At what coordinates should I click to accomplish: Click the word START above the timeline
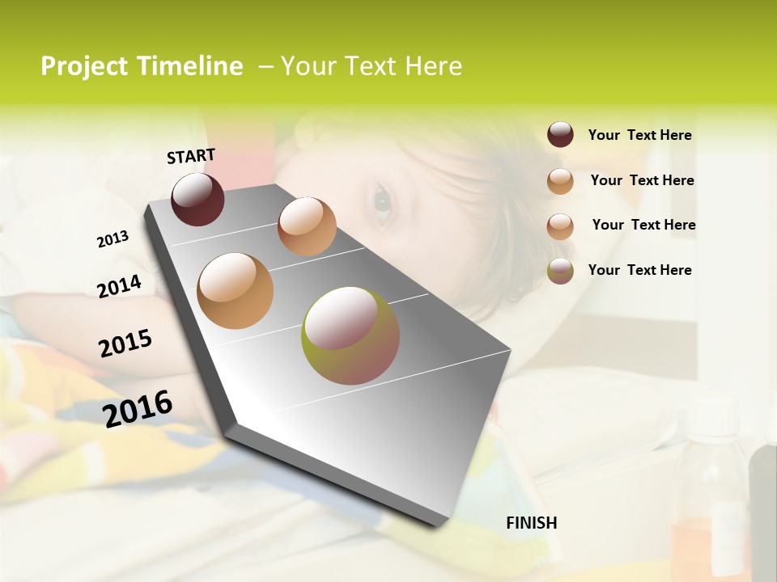point(191,156)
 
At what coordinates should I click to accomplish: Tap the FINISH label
point(531,523)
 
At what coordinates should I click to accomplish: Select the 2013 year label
point(113,239)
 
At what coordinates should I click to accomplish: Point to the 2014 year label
point(119,286)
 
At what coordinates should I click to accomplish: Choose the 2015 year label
point(125,344)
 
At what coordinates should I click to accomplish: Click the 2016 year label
point(138,408)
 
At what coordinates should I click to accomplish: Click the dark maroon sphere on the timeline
point(197,199)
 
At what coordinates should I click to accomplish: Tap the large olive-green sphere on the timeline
point(350,335)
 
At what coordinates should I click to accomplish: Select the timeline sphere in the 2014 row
point(235,290)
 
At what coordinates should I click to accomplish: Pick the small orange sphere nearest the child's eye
point(307,226)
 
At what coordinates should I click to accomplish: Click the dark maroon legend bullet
point(560,135)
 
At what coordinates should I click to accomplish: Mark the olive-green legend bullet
point(560,271)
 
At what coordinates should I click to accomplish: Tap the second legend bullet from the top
point(560,181)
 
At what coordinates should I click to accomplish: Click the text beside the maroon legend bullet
point(639,135)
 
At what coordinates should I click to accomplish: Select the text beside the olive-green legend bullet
point(639,270)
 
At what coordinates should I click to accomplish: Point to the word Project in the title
point(84,66)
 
